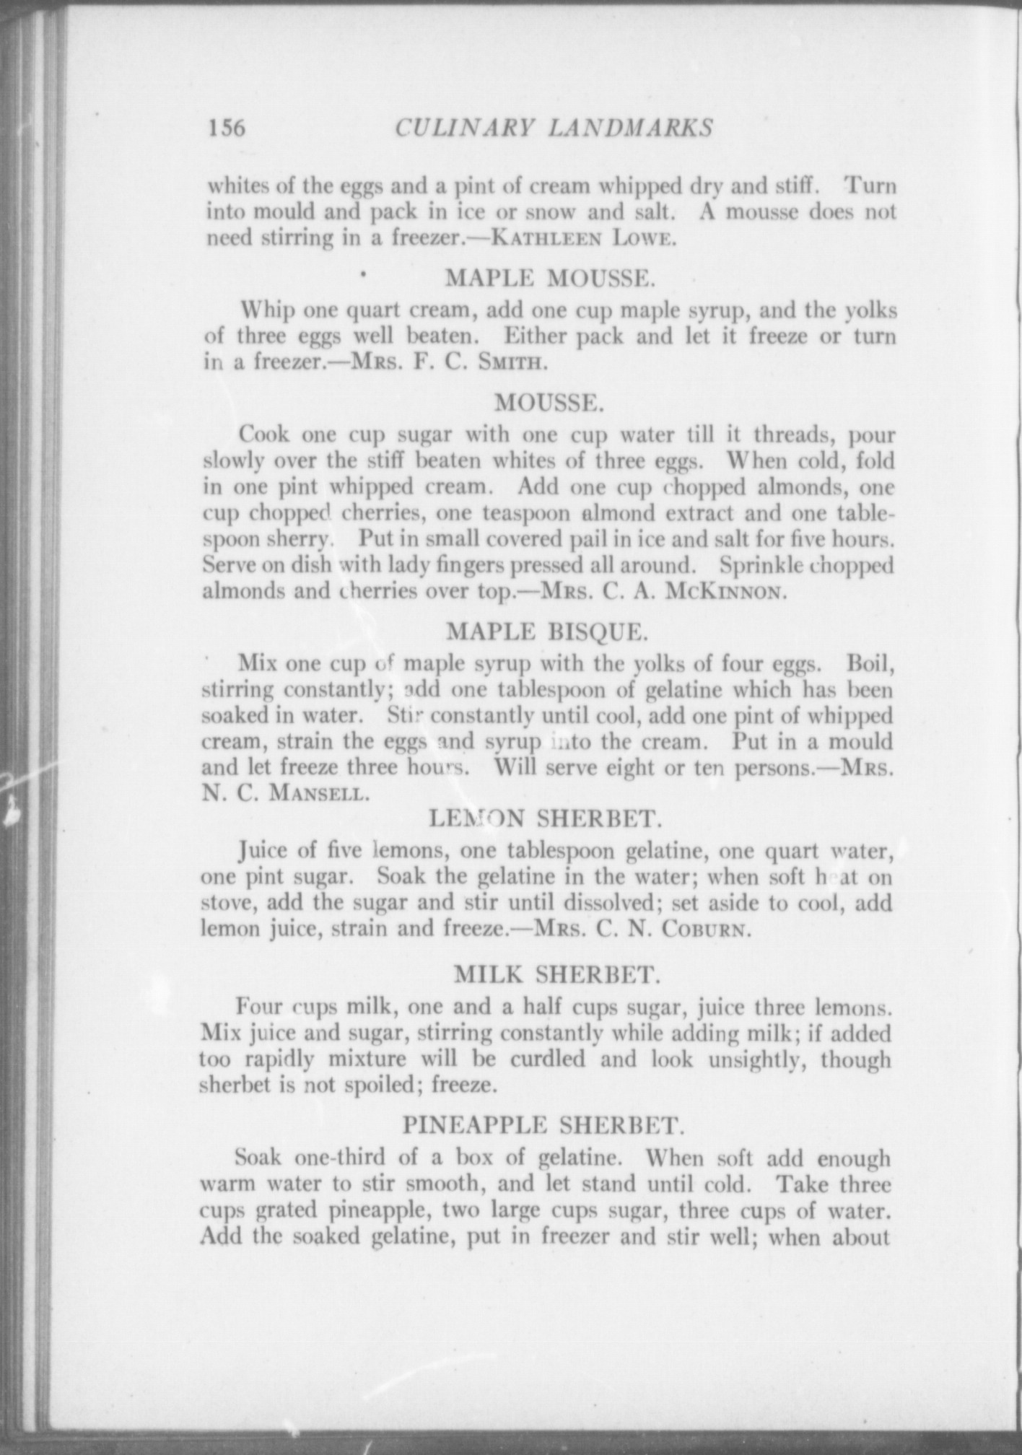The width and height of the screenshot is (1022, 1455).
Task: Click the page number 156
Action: pos(227,128)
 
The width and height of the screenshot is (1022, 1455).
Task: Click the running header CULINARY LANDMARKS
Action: pos(554,128)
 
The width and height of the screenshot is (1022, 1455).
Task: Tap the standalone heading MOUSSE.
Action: pos(549,403)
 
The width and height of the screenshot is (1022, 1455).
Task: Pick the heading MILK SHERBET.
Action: pos(557,975)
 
